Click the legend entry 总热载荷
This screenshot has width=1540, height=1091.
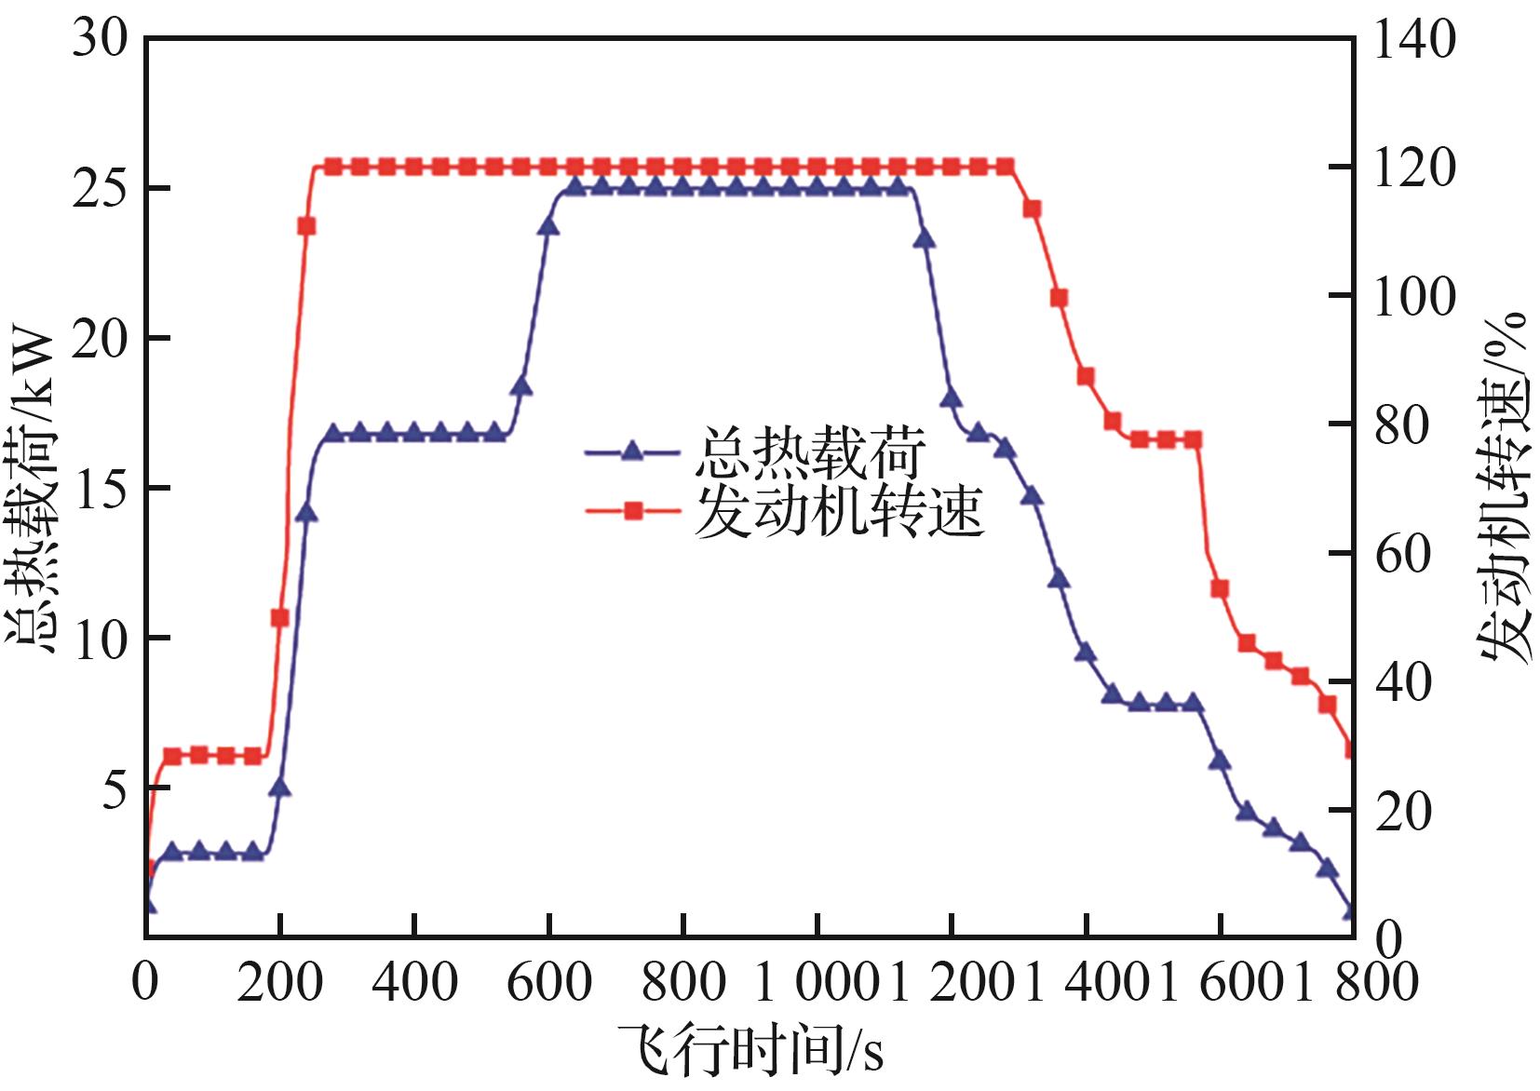pyautogui.click(x=808, y=452)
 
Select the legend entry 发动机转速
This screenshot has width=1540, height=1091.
pyautogui.click(x=838, y=510)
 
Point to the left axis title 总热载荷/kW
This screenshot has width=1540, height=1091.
pyautogui.click(x=34, y=484)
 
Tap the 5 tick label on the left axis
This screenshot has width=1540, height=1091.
pyautogui.click(x=114, y=790)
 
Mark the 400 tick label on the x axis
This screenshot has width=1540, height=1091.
pyautogui.click(x=414, y=983)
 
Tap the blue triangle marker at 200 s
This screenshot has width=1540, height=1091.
pyautogui.click(x=280, y=788)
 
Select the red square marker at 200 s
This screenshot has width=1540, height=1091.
pyautogui.click(x=280, y=618)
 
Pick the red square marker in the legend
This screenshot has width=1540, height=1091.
pyautogui.click(x=633, y=510)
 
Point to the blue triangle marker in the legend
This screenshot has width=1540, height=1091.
pyautogui.click(x=633, y=452)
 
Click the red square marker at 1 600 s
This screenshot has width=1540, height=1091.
pyautogui.click(x=1220, y=589)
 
